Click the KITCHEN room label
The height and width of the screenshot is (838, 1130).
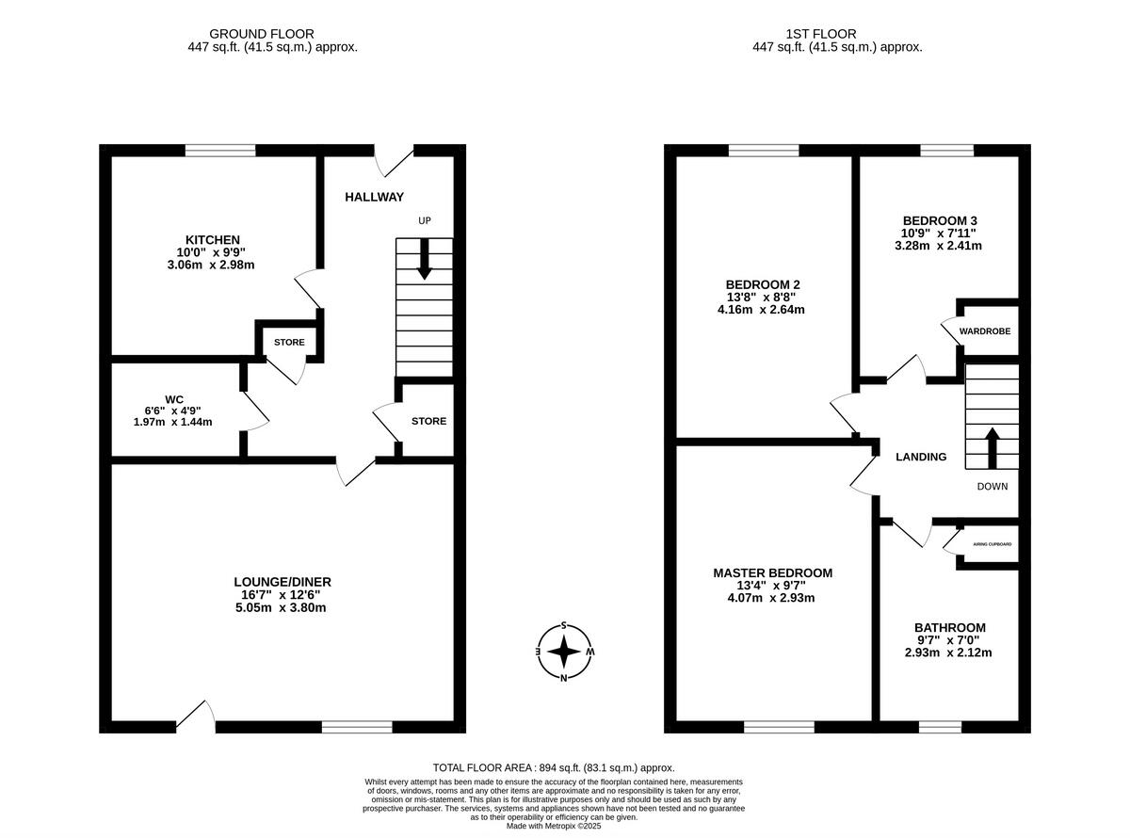pyautogui.click(x=213, y=239)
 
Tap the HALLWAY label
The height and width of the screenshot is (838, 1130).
pyautogui.click(x=374, y=197)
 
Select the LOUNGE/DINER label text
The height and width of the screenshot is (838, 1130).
pyautogui.click(x=282, y=582)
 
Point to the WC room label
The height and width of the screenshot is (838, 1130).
pyautogui.click(x=173, y=399)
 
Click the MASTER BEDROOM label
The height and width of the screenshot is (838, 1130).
pyautogui.click(x=772, y=573)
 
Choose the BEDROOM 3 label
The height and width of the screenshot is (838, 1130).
pyautogui.click(x=940, y=220)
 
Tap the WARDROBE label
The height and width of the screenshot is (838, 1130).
pyautogui.click(x=984, y=331)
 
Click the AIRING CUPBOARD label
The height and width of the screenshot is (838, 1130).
pyautogui.click(x=992, y=544)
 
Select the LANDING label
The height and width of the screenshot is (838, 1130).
pyautogui.click(x=921, y=457)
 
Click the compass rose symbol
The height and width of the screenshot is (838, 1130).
pyautogui.click(x=564, y=652)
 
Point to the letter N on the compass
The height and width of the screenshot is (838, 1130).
pyautogui.click(x=563, y=678)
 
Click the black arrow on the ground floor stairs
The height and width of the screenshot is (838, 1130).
pyautogui.click(x=424, y=259)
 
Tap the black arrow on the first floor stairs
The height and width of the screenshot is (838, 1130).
pyautogui.click(x=992, y=448)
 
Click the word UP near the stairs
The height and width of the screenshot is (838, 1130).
pyautogui.click(x=425, y=220)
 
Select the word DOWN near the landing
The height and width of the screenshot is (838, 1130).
pyautogui.click(x=992, y=487)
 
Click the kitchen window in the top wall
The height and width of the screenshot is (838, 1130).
pyautogui.click(x=220, y=151)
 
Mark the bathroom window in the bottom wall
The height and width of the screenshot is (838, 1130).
pyautogui.click(x=940, y=727)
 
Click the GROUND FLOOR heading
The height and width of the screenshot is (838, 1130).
pyautogui.click(x=262, y=34)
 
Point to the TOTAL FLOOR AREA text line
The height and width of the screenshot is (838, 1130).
pyautogui.click(x=554, y=767)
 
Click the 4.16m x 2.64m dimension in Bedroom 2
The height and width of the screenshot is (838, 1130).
pyautogui.click(x=761, y=310)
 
